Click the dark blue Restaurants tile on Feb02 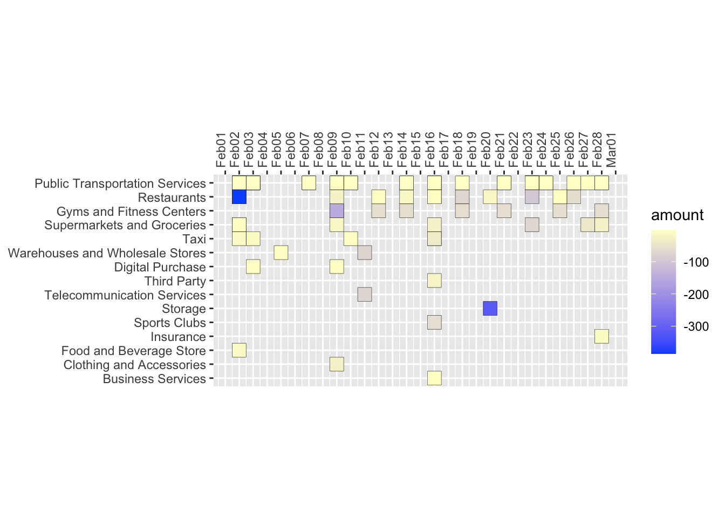tap(239, 197)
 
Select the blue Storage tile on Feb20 tap(490, 309)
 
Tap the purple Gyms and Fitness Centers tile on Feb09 tap(337, 211)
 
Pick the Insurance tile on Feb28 tap(602, 336)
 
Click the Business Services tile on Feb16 tap(434, 378)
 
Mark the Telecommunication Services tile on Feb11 tap(365, 295)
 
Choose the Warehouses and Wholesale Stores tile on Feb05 tap(281, 253)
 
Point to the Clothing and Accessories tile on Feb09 tap(337, 364)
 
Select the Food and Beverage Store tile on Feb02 tap(239, 350)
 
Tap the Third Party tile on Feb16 tap(434, 281)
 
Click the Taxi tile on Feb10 tap(351, 238)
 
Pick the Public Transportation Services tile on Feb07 tap(309, 183)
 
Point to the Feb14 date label tap(402, 150)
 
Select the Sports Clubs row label tap(170, 323)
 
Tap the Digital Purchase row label tap(160, 267)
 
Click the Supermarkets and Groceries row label tap(125, 225)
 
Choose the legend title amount tap(677, 215)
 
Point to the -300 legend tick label tap(696, 326)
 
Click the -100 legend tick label tap(696, 263)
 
